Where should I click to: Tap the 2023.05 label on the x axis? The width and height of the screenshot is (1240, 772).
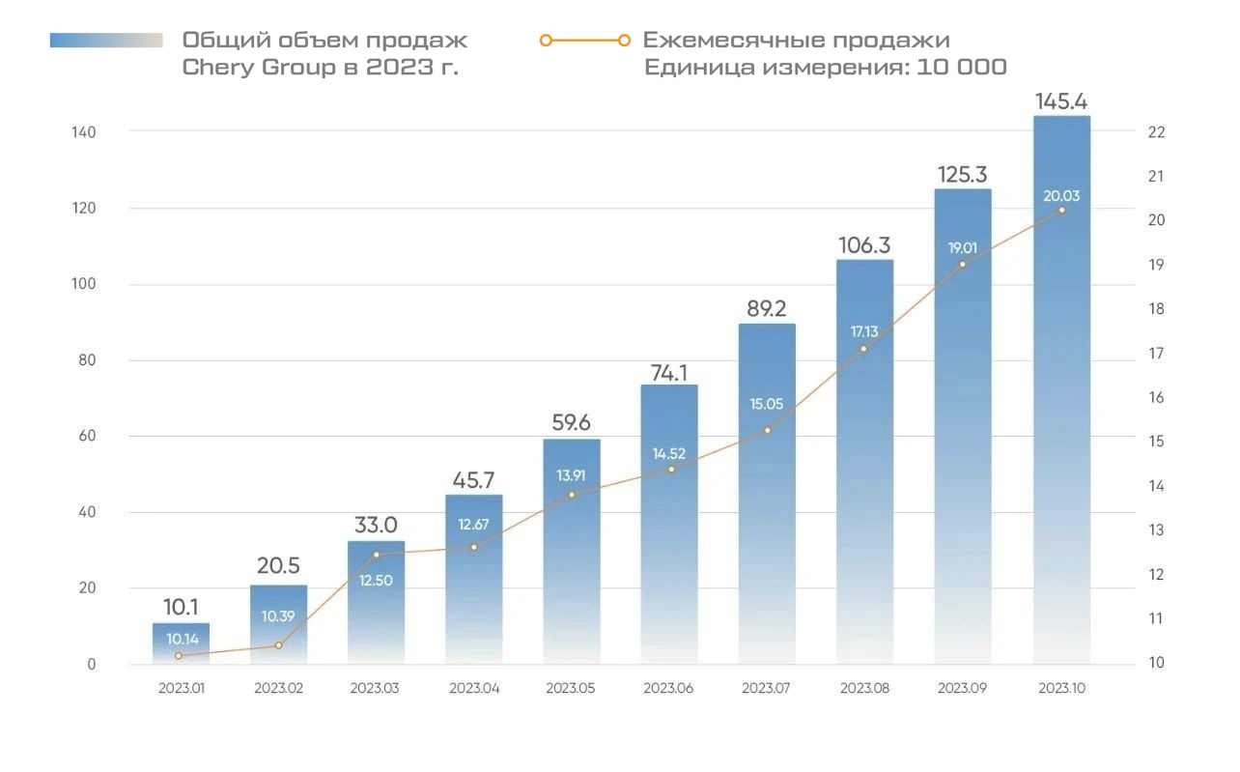571,689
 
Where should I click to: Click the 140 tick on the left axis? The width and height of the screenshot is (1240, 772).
83,131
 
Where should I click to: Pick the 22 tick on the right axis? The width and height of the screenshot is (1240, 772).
1157,132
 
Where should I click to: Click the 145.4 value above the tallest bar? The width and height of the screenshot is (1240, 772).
1061,101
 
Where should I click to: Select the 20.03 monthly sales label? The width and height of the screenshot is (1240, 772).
1061,196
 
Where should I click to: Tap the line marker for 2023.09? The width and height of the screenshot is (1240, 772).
963,264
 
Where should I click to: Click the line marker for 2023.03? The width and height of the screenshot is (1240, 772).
377,555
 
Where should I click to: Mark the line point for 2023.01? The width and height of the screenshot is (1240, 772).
179,656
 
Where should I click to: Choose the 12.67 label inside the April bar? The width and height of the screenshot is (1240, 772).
473,525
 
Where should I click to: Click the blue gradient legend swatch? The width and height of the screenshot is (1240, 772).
106,41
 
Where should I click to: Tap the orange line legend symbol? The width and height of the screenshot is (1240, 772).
585,41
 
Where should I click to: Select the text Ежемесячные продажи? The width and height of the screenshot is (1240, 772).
796,41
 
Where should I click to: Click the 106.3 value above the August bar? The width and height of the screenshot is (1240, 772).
864,246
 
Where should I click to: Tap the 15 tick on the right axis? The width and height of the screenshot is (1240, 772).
1157,442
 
